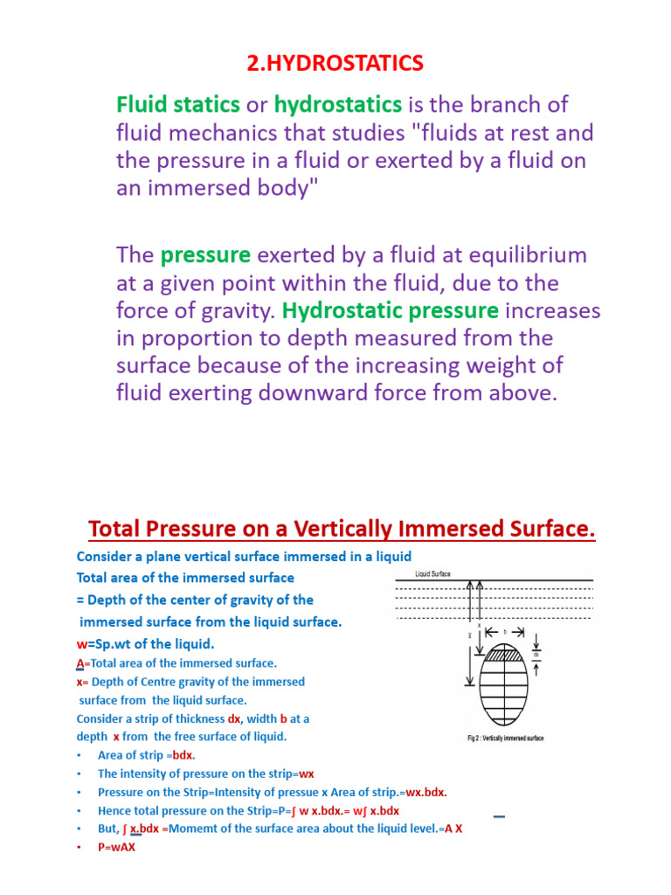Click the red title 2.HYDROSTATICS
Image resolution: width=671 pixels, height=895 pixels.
(336, 64)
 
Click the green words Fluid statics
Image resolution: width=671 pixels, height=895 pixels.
(178, 105)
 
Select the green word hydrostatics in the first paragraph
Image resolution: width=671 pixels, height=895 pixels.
(338, 105)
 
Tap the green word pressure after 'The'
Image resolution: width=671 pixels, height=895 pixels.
(205, 255)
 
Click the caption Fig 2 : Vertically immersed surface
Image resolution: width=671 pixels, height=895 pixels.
(505, 739)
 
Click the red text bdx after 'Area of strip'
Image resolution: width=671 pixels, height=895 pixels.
(183, 755)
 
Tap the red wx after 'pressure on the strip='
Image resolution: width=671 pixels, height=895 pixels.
(305, 774)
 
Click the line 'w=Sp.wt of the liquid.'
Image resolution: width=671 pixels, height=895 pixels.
(145, 644)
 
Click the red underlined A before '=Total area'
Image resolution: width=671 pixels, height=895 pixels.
(80, 663)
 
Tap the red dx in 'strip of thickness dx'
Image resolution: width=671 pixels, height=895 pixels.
(233, 718)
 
